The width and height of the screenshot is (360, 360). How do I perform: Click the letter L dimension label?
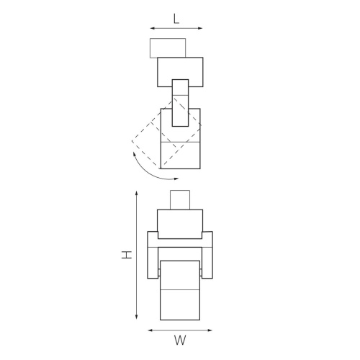(x=176, y=19)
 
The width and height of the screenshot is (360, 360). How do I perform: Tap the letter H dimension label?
(x=125, y=256)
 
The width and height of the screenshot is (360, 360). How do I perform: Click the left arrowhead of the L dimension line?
(x=152, y=29)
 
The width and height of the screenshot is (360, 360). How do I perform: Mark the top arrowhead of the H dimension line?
(x=137, y=193)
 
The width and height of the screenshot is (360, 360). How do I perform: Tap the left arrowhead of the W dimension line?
(x=150, y=330)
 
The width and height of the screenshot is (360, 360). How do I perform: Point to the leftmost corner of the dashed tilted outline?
(x=132, y=141)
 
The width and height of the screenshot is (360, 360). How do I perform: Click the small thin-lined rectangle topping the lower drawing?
(x=180, y=199)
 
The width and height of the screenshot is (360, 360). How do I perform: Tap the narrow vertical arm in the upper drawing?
(x=180, y=101)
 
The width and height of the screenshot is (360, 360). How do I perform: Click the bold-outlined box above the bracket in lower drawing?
(x=180, y=223)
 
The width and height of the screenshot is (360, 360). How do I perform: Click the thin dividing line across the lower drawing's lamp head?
(x=180, y=288)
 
